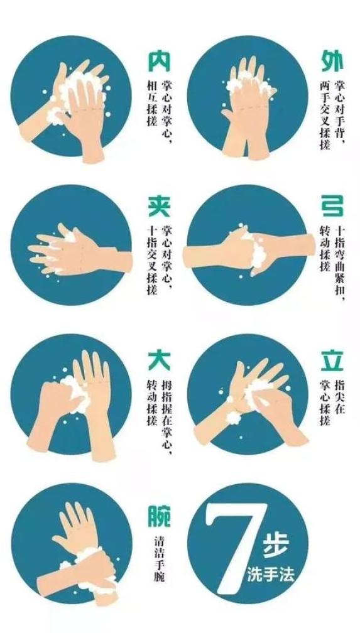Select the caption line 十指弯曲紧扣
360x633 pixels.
tap(341, 264)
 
